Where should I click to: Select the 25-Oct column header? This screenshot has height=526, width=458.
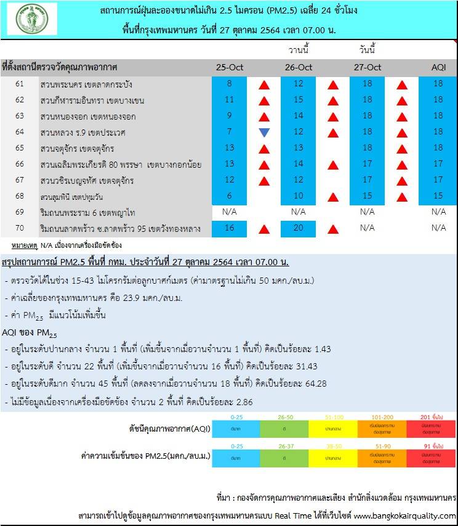point(229,67)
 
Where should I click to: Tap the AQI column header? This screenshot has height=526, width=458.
point(438,67)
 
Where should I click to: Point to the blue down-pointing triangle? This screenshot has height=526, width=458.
point(264,132)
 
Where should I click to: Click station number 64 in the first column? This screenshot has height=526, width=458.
point(20,132)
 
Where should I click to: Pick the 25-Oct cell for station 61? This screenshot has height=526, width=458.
point(229,84)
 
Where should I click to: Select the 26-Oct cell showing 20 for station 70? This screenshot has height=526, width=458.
point(299,228)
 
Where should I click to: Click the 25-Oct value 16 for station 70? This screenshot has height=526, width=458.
point(229,228)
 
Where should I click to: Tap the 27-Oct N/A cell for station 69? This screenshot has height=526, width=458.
point(368,212)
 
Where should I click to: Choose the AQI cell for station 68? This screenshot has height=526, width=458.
point(438,196)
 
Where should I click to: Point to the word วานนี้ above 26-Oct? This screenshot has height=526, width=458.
point(299,49)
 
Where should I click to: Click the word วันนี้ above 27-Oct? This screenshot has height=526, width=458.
point(368,49)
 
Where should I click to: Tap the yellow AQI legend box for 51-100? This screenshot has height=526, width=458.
point(332,427)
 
